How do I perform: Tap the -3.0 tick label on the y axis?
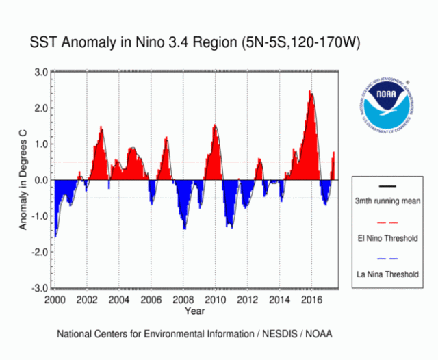(x=40, y=288)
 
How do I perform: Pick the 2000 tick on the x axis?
(x=55, y=299)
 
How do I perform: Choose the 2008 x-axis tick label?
(x=183, y=299)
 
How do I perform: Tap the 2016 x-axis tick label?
(x=312, y=299)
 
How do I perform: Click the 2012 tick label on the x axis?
(x=248, y=299)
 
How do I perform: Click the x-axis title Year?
(x=194, y=311)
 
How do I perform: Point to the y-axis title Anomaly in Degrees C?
(x=23, y=181)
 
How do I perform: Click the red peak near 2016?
(x=310, y=92)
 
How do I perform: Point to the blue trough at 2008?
(x=185, y=228)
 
